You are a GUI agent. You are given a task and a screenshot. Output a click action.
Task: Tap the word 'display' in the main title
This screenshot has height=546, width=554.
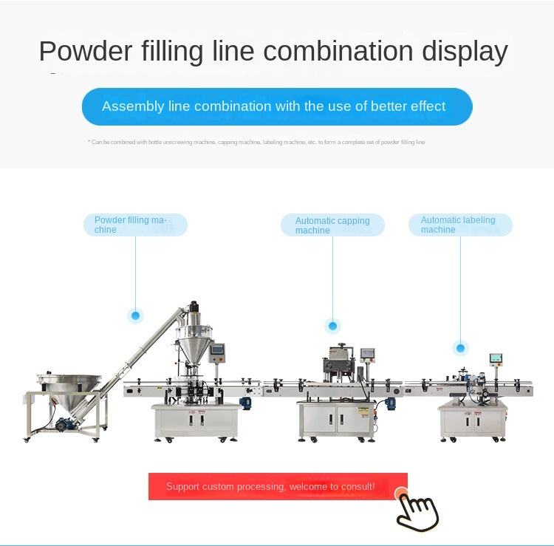(x=465, y=52)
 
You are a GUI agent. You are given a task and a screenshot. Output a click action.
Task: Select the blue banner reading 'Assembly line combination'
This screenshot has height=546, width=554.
(x=276, y=106)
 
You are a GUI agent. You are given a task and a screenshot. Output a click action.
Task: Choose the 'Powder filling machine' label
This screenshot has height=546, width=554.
(x=135, y=225)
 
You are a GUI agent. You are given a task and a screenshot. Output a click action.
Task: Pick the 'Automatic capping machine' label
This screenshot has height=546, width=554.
(x=332, y=225)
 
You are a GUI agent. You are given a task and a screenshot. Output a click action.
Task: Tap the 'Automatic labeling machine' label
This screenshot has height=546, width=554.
(x=459, y=225)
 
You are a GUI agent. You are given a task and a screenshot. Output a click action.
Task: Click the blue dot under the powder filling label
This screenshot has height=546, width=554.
(x=135, y=315)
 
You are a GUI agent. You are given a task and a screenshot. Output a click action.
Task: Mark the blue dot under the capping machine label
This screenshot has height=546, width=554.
(x=332, y=326)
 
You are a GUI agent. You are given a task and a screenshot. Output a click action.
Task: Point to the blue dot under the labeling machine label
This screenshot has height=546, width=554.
(x=461, y=348)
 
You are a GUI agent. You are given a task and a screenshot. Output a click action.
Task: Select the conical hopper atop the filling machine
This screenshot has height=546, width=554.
(x=194, y=340)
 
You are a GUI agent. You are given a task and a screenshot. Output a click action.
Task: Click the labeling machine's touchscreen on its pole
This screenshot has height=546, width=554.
(x=495, y=359)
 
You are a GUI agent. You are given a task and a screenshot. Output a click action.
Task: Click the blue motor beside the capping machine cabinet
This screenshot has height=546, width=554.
(x=390, y=403)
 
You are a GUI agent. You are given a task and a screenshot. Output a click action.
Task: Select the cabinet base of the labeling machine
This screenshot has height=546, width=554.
(x=473, y=421)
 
